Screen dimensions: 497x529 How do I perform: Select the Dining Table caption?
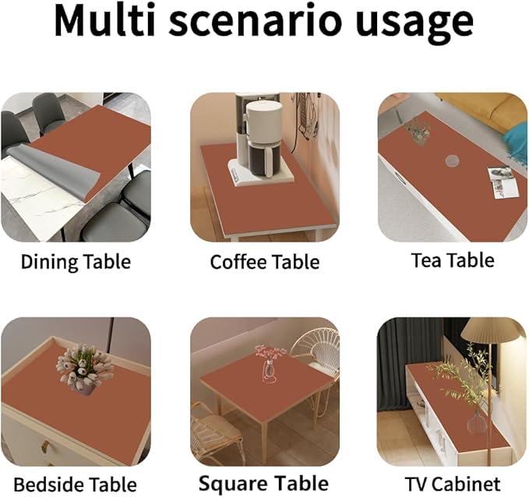76,261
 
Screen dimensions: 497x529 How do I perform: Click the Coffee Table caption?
265,262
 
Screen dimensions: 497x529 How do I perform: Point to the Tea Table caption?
453,260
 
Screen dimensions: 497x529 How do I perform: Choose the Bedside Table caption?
76,483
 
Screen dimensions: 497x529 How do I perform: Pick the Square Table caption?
264,483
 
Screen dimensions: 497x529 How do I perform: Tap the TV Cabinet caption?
453,483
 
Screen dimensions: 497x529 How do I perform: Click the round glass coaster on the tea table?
453,162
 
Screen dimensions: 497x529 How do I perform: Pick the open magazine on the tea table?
499,182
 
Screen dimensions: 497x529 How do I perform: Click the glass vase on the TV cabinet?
477,424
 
